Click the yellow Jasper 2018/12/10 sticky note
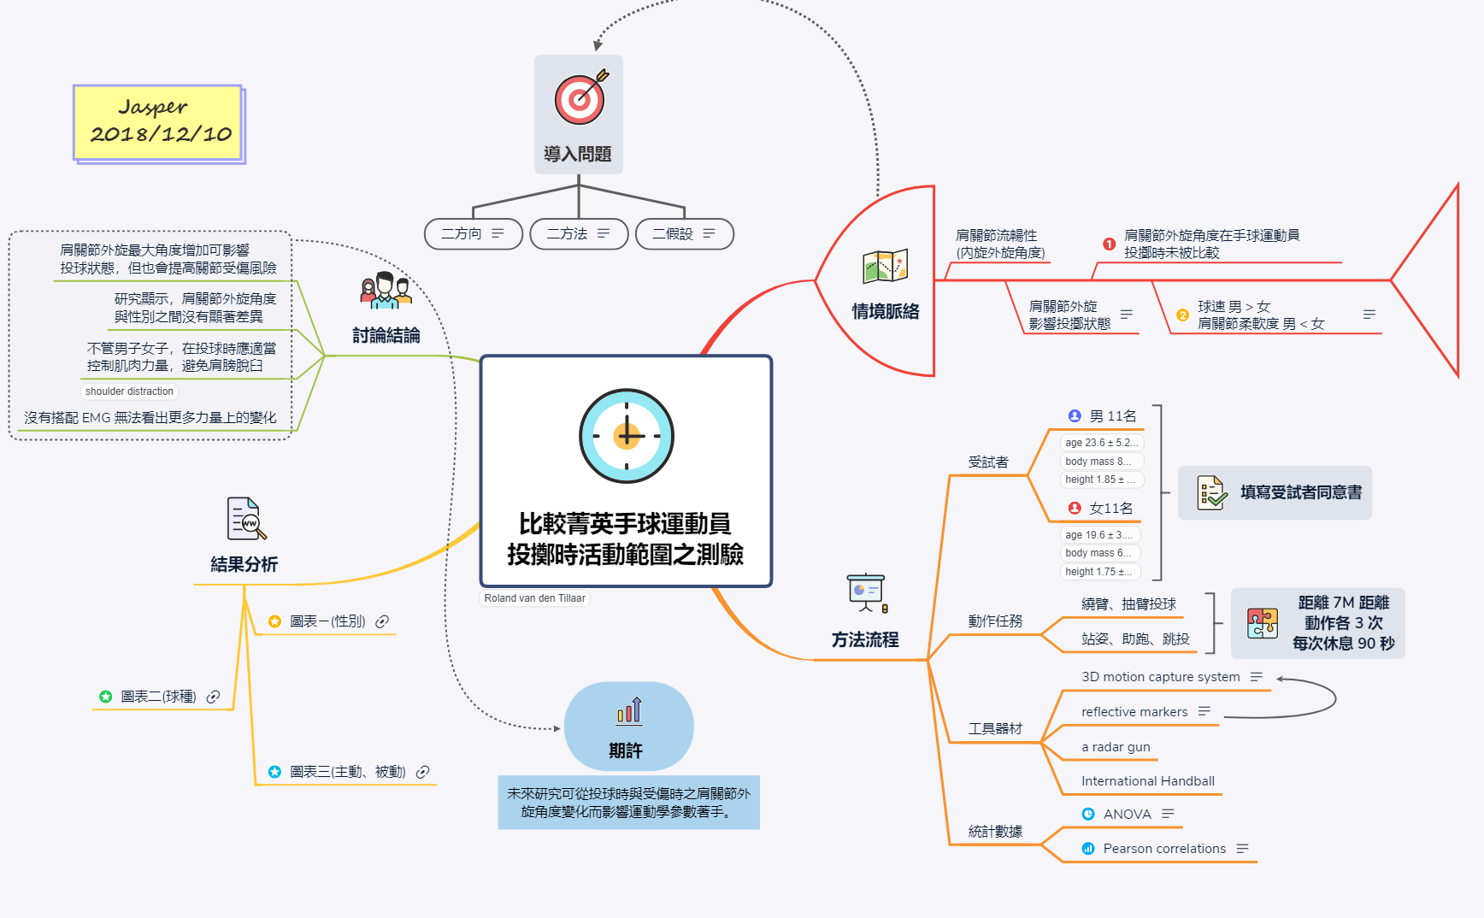click(x=159, y=122)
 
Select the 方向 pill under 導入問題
click(x=473, y=233)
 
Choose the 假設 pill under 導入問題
click(x=684, y=233)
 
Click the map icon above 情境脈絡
click(x=885, y=266)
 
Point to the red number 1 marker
click(x=1109, y=244)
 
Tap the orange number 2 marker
click(x=1182, y=315)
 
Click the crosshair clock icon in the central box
click(x=627, y=435)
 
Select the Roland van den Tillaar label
click(x=535, y=598)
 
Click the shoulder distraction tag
click(x=129, y=391)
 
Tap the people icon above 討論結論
click(x=386, y=291)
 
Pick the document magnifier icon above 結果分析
click(x=246, y=519)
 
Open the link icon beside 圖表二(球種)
click(x=214, y=697)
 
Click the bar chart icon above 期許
click(x=629, y=711)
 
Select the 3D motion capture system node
click(x=1160, y=677)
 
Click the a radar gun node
click(x=1116, y=747)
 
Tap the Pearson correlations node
click(x=1164, y=849)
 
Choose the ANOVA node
click(x=1127, y=815)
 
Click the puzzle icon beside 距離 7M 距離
click(x=1262, y=623)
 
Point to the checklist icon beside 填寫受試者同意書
click(x=1211, y=493)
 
